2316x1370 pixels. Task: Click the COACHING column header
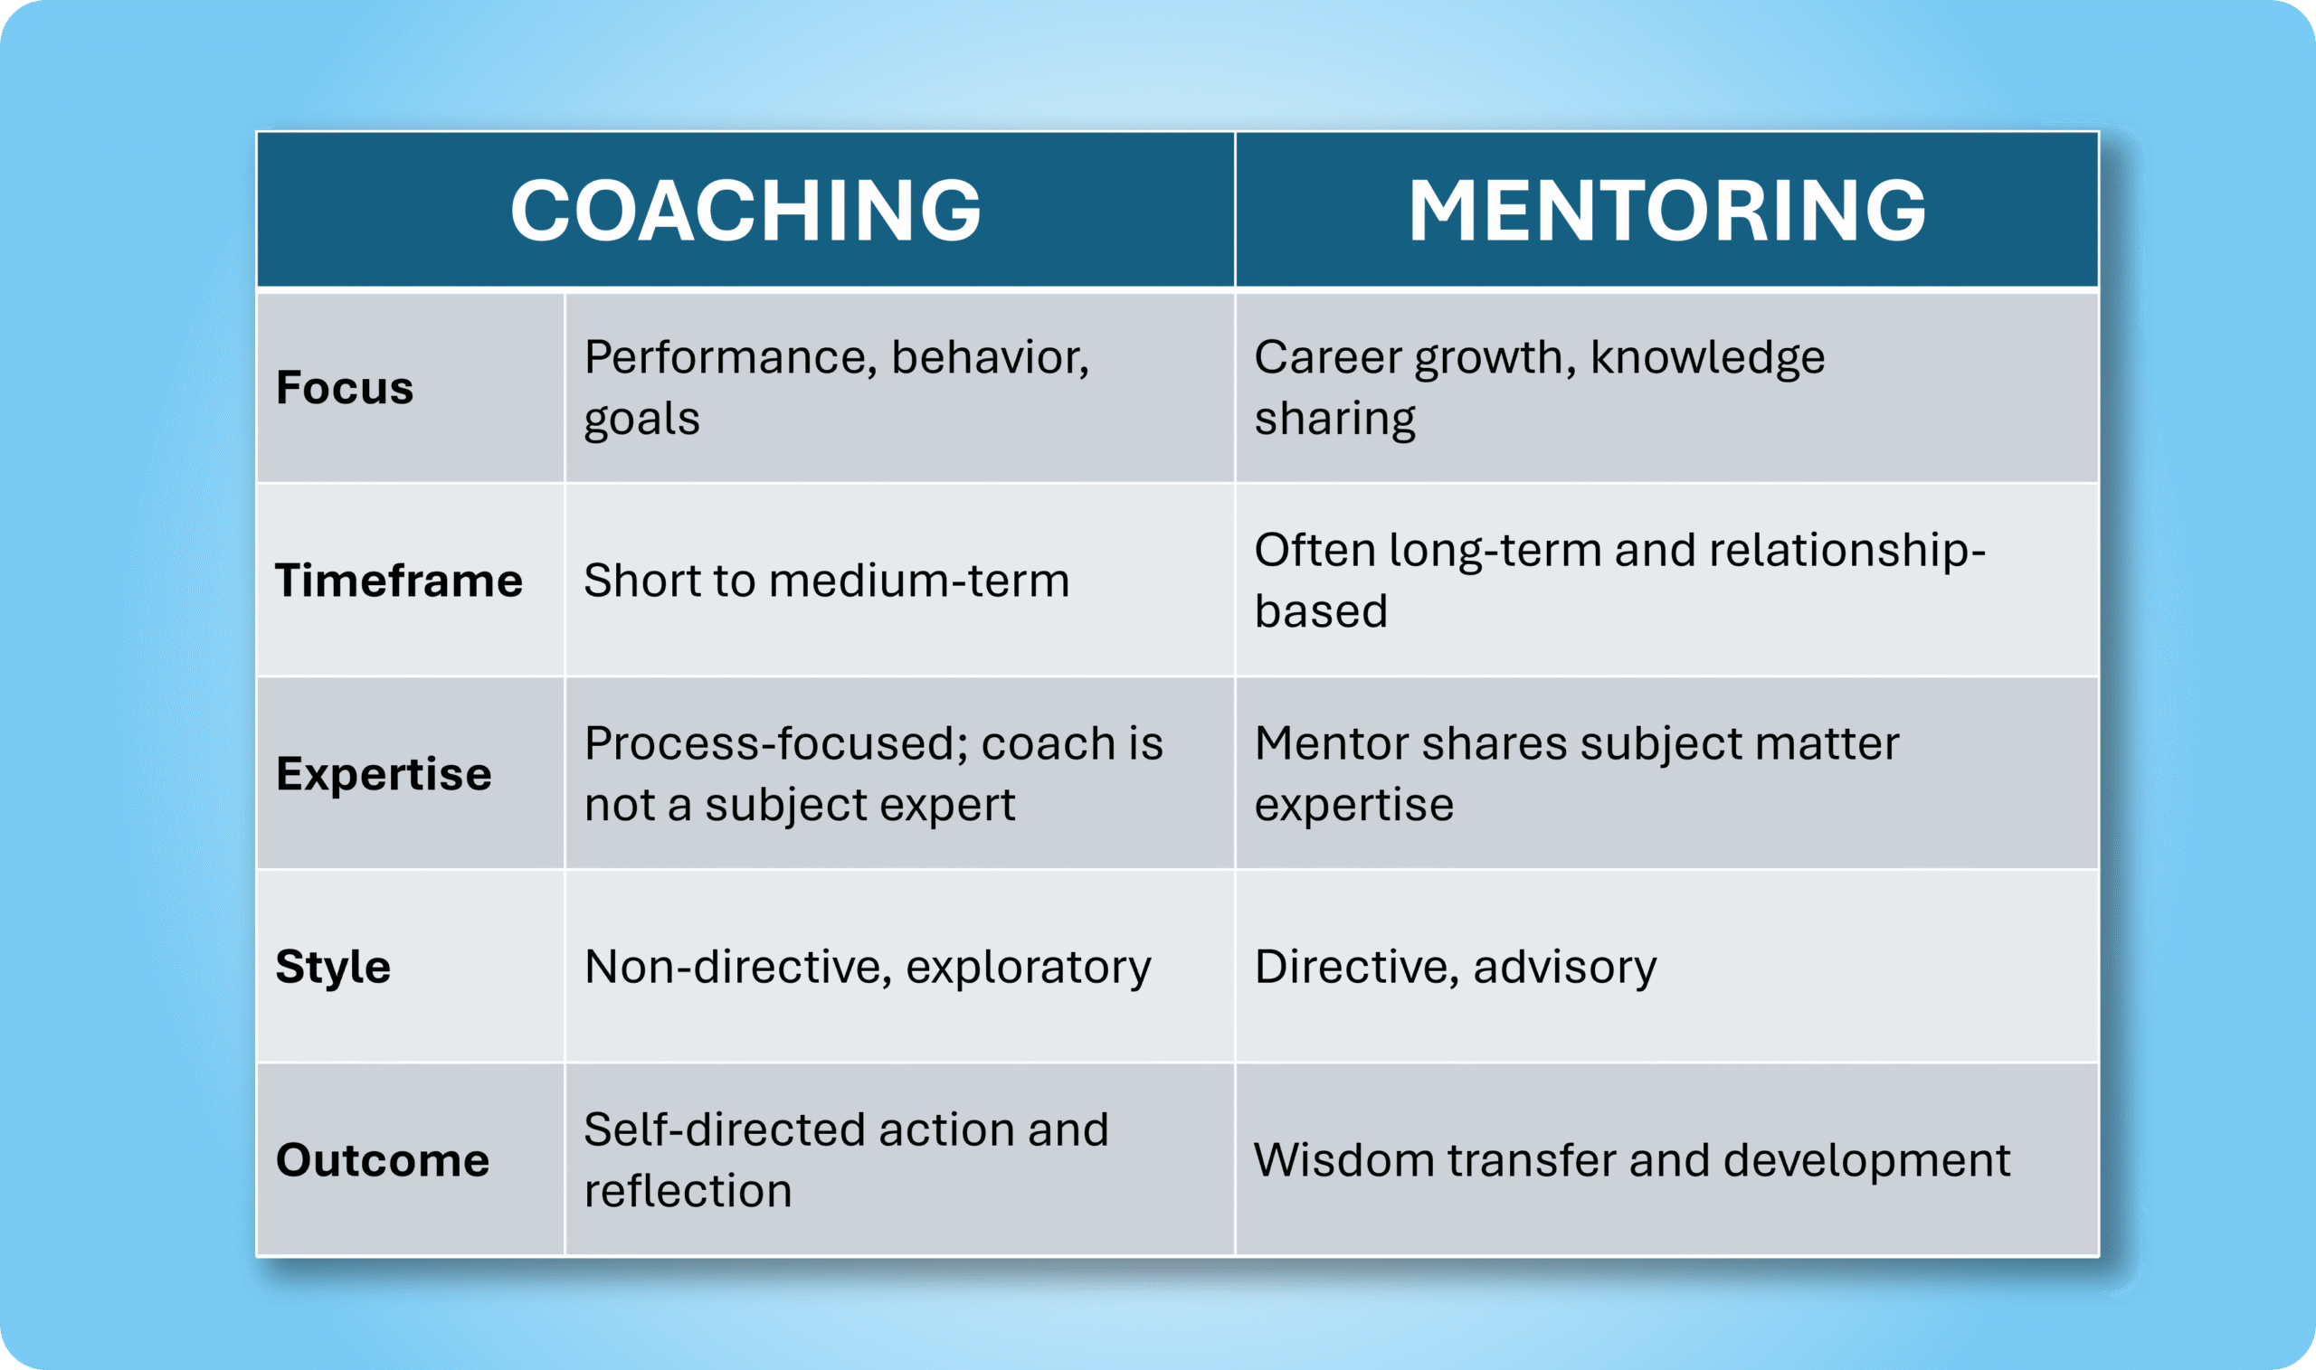click(x=745, y=211)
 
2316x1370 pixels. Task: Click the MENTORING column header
click(x=1666, y=211)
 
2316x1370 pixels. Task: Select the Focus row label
click(x=345, y=388)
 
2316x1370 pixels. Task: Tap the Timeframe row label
click(x=399, y=581)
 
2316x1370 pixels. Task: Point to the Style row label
click(x=332, y=968)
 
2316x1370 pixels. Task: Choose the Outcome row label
click(x=383, y=1160)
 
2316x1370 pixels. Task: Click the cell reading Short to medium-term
click(x=827, y=581)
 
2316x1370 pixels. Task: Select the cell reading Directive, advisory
click(x=1456, y=968)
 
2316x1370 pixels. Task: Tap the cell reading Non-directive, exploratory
click(x=868, y=968)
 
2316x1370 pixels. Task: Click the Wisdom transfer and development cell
click(x=1632, y=1160)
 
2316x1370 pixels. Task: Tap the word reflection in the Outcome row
click(x=688, y=1191)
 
